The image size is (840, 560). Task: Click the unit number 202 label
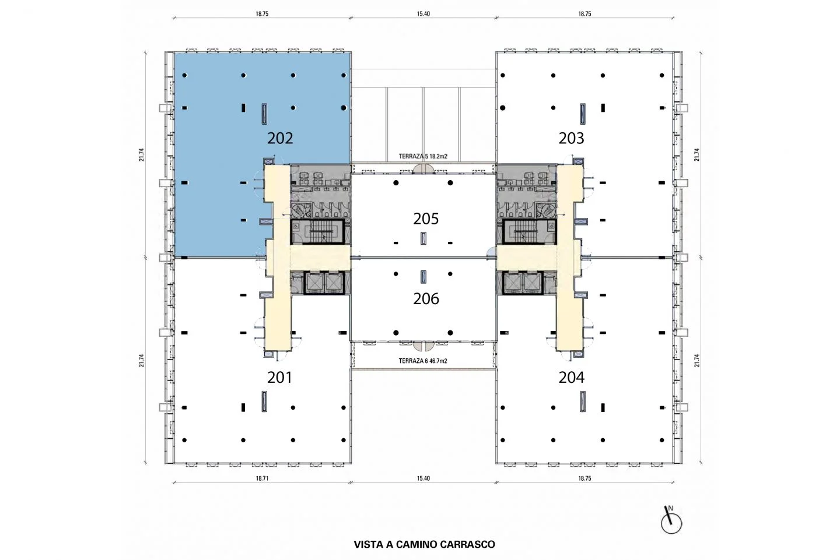[280, 139]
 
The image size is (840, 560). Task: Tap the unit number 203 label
[571, 139]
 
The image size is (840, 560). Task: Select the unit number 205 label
[426, 219]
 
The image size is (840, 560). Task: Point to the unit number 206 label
[426, 299]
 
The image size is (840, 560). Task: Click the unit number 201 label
[280, 378]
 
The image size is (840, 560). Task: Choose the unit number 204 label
[571, 378]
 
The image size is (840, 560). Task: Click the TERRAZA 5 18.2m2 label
[422, 157]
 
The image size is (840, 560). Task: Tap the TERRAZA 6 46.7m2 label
[422, 361]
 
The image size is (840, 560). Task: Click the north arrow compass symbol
[671, 520]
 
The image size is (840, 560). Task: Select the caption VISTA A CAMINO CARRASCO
[424, 544]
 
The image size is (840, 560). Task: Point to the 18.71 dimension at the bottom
[262, 478]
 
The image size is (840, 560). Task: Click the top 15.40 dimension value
[423, 14]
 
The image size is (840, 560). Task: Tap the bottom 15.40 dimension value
[423, 478]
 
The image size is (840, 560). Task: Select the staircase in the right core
[530, 231]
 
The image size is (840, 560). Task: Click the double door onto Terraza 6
[423, 345]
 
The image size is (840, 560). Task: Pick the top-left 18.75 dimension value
[262, 14]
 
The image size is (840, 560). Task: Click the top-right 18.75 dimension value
[584, 14]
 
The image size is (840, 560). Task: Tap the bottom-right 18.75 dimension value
[584, 478]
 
